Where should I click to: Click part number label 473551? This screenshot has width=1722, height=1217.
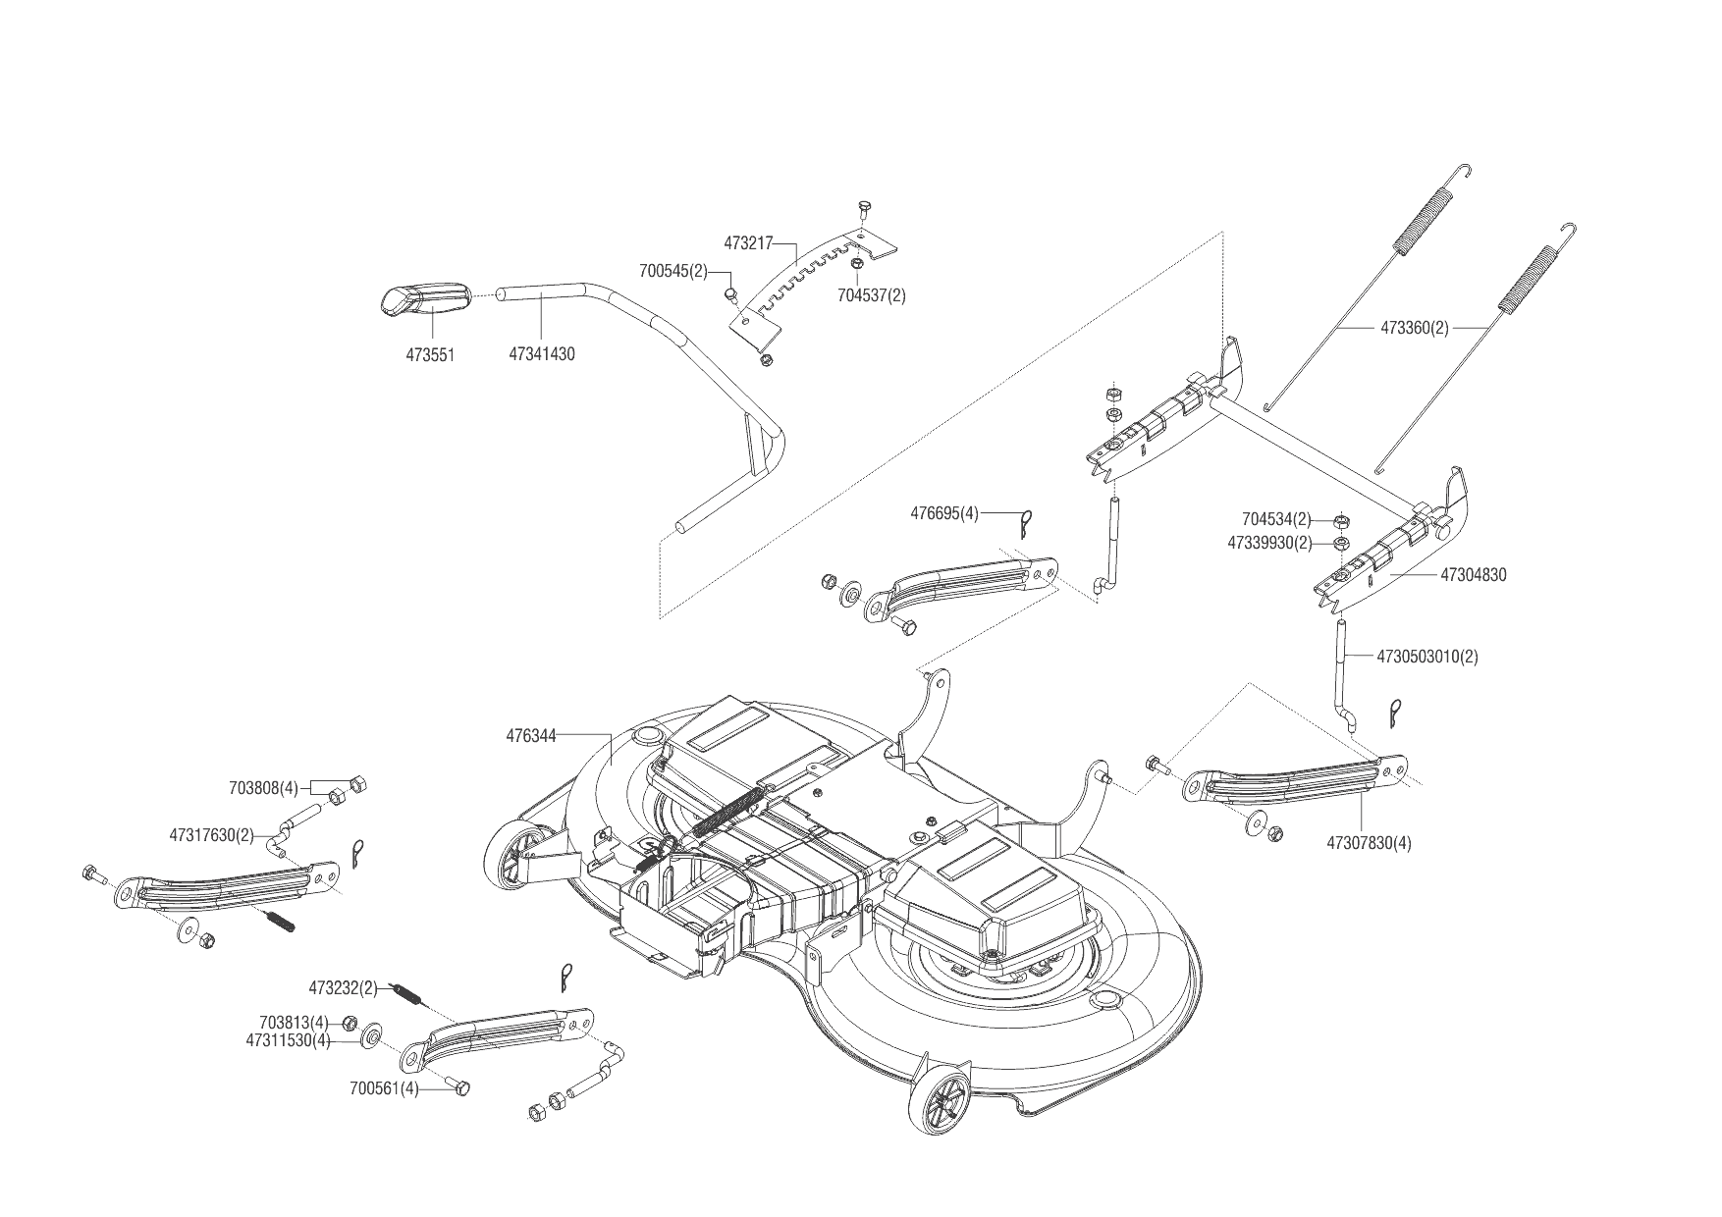(430, 354)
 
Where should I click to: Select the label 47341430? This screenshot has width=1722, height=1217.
(541, 354)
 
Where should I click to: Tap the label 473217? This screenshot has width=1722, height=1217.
(749, 241)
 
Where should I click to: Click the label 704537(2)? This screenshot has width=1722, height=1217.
(871, 295)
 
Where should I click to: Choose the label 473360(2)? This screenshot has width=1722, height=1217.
(1415, 328)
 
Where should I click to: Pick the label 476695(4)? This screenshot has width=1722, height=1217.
(944, 512)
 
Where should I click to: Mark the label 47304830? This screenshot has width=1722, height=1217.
(1473, 575)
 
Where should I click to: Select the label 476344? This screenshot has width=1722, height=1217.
(531, 734)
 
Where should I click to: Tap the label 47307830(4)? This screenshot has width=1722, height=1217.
(1369, 842)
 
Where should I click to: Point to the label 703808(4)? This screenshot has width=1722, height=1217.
(263, 787)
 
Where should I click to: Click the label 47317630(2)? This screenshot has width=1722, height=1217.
(211, 835)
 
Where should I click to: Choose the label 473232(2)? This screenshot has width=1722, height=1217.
(344, 987)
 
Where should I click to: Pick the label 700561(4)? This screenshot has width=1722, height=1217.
(384, 1088)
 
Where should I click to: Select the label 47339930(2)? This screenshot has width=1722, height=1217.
(1269, 543)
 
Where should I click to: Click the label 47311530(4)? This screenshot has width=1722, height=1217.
(289, 1040)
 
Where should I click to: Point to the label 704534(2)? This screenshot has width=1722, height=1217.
(1276, 519)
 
